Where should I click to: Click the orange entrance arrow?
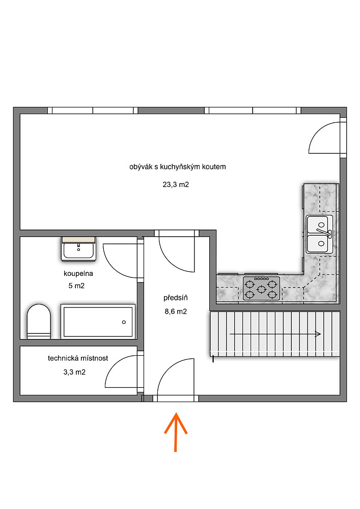(x=176, y=432)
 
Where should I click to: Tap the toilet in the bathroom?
(x=39, y=321)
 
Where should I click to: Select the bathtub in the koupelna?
(x=98, y=321)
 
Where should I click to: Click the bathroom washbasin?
(x=78, y=249)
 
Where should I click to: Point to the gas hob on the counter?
(x=261, y=288)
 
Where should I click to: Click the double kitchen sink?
(x=320, y=234)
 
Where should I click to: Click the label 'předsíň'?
(x=176, y=297)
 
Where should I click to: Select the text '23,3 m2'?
(x=176, y=184)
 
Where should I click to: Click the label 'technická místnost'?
(x=78, y=358)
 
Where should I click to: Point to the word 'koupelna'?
(x=78, y=273)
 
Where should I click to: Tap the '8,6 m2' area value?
(x=176, y=312)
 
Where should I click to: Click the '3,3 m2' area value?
(x=74, y=372)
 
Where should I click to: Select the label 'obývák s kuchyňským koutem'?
(x=178, y=167)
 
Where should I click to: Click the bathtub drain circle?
(x=124, y=322)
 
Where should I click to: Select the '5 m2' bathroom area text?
(x=76, y=286)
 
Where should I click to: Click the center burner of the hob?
(x=261, y=288)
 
